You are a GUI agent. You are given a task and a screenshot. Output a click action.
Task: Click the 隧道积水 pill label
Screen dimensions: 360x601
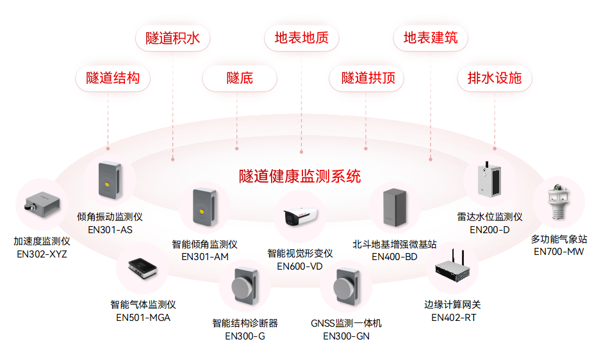pos(173,38)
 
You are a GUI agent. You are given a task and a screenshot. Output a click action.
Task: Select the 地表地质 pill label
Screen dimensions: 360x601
pos(302,38)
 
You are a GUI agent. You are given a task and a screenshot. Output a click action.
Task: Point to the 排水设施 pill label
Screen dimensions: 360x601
pos(495,78)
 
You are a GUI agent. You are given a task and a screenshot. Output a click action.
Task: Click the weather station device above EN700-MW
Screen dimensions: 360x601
pos(559,202)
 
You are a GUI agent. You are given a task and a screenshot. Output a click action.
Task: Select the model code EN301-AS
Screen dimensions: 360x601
pos(110,229)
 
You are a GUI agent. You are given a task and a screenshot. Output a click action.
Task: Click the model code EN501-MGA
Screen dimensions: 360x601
pos(143,317)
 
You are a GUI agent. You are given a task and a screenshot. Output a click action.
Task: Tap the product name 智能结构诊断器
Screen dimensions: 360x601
pos(245,323)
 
